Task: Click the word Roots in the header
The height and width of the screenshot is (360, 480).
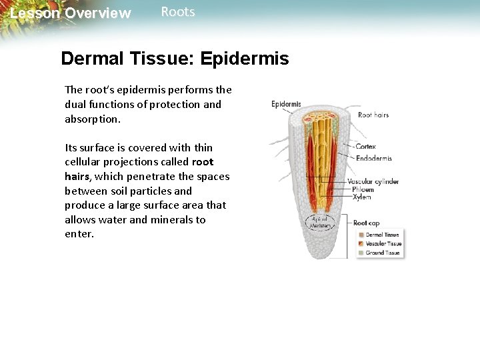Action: coord(178,12)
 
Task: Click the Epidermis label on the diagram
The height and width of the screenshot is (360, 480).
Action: coord(286,104)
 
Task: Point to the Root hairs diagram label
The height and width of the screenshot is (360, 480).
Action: coord(373,115)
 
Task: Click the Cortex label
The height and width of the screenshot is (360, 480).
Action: coord(366,147)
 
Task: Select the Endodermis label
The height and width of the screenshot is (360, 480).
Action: coord(374,159)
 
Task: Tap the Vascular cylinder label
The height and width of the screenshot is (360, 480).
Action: coord(373,181)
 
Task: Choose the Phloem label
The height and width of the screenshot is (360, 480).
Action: coord(363,189)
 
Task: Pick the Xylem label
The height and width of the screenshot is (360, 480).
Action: coord(361,197)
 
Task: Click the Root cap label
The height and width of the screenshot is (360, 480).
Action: coord(366,223)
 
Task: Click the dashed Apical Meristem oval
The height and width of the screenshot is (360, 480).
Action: coord(319,223)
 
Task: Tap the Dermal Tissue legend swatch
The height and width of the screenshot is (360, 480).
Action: coord(361,235)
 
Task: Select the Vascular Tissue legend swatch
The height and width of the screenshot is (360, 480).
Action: coord(361,244)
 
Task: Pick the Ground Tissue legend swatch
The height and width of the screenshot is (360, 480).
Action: coord(361,253)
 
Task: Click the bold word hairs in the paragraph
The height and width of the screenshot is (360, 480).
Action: coord(77,176)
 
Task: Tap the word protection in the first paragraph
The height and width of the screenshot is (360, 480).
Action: coord(176,104)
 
